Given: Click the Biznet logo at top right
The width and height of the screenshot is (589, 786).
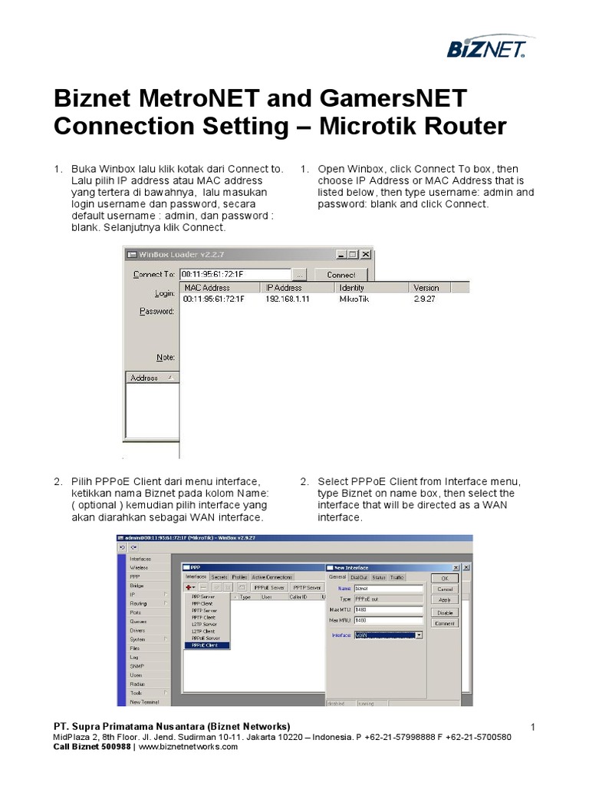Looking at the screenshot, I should [x=486, y=50].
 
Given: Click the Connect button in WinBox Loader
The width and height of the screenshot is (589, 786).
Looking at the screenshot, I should [x=341, y=275].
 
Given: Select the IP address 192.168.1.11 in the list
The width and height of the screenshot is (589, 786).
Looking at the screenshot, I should [x=288, y=299].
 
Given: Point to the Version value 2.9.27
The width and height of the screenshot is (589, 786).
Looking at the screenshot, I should [x=426, y=299].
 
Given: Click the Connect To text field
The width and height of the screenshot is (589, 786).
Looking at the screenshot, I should [x=235, y=274].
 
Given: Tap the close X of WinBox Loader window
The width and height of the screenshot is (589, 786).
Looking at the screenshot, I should [x=366, y=255].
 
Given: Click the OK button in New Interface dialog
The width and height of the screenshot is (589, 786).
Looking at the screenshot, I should [x=444, y=578].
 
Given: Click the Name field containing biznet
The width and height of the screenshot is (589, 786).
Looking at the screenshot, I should [x=388, y=589].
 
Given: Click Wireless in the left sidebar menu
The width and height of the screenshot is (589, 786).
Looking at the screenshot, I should [x=139, y=567].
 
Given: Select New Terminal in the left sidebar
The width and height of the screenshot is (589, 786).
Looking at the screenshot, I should [x=144, y=702].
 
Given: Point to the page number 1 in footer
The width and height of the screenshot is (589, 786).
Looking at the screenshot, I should [x=532, y=726].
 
